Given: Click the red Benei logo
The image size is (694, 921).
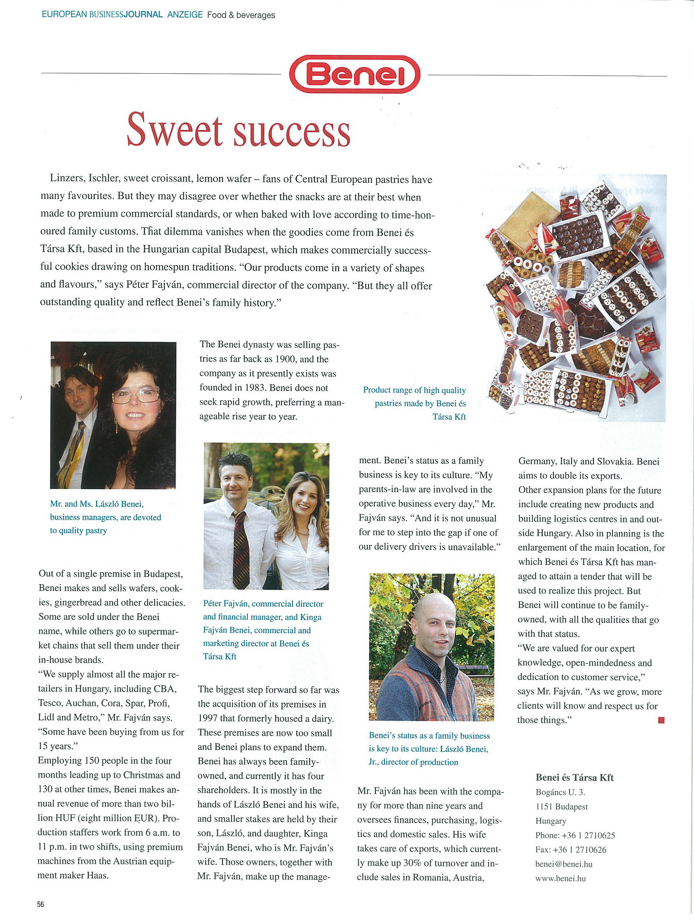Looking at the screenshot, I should click(355, 74).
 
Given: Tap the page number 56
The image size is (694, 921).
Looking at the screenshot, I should click(40, 904).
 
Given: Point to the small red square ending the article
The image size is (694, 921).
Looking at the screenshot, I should click(661, 720).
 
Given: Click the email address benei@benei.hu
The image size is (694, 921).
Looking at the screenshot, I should click(564, 864).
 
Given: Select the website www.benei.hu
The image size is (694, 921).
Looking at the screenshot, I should click(560, 878).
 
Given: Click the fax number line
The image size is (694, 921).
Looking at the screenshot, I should click(570, 850).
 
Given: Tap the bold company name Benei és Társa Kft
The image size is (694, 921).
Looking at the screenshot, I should click(575, 777).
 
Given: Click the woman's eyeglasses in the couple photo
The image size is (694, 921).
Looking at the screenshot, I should click(135, 395).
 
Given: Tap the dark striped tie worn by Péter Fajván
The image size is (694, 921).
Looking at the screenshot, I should click(240, 546).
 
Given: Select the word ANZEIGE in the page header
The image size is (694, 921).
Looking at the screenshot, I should click(185, 15).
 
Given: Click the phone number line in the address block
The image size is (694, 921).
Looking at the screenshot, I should click(575, 835).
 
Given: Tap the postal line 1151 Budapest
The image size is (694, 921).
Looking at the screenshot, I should click(561, 806).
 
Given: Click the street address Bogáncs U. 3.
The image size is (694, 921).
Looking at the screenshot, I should click(560, 792).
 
